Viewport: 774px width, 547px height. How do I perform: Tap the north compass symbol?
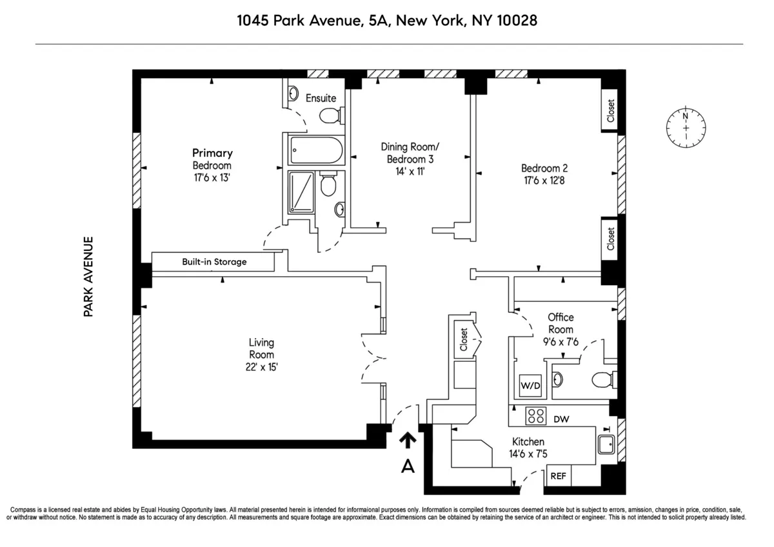tap(686, 126)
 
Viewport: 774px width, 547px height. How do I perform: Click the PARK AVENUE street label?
tap(88, 276)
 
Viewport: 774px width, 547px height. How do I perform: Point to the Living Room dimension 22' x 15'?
tap(261, 367)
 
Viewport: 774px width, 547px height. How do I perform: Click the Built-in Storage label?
tap(214, 262)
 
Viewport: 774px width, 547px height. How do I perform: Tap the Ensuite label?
tap(321, 98)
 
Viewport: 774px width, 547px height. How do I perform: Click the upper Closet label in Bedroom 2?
tap(610, 110)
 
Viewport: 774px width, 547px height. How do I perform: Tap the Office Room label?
tap(561, 323)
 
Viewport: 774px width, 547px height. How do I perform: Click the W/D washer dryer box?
tap(530, 386)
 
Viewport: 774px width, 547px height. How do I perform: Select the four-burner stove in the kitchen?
tap(536, 416)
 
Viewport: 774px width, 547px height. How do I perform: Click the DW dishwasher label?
tap(561, 419)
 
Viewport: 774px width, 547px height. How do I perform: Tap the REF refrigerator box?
tap(558, 477)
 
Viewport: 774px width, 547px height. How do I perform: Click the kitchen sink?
tap(606, 444)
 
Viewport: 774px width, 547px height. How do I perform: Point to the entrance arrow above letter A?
tap(407, 440)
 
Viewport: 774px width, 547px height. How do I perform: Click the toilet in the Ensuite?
tap(330, 115)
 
